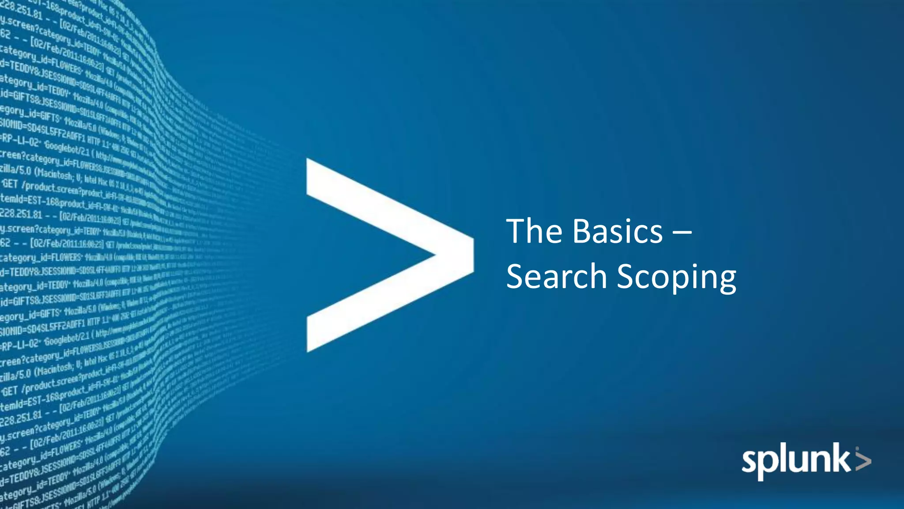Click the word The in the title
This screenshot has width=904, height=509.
pos(535,231)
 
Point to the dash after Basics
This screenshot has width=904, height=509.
pos(682,232)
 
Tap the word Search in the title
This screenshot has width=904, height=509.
pos(557,276)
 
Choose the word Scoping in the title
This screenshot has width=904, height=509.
pos(676,277)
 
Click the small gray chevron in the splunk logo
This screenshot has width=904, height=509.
pos(863,460)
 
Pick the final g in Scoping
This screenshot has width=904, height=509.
pos(726,281)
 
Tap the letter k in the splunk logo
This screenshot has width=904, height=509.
pos(841,460)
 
